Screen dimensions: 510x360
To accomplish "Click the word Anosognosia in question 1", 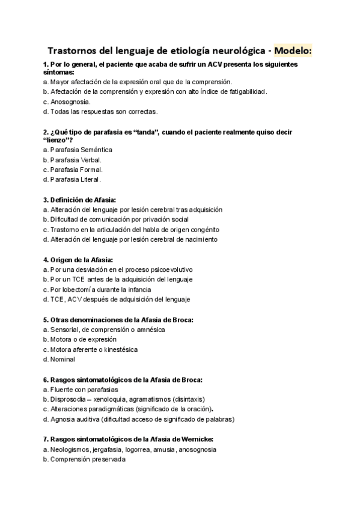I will click(72, 102).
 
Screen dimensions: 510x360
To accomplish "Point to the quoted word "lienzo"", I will click(58, 140).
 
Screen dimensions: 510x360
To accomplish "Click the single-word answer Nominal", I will click(63, 359).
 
